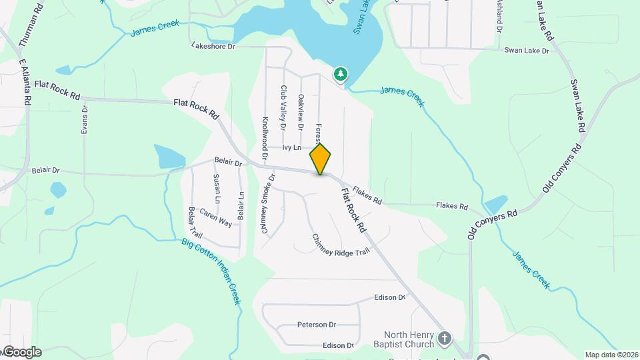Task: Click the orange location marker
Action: (321, 159)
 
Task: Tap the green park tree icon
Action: (341, 74)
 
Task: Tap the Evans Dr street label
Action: (85, 121)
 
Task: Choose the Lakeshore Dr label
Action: (213, 46)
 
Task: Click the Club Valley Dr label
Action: (283, 107)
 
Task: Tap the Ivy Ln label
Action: (292, 147)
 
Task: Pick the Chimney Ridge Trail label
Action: (340, 245)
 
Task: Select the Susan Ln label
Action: (217, 189)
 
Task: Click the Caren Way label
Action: (215, 218)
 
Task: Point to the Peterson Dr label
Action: (317, 325)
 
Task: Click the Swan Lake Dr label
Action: (527, 50)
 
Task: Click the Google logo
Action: (21, 352)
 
